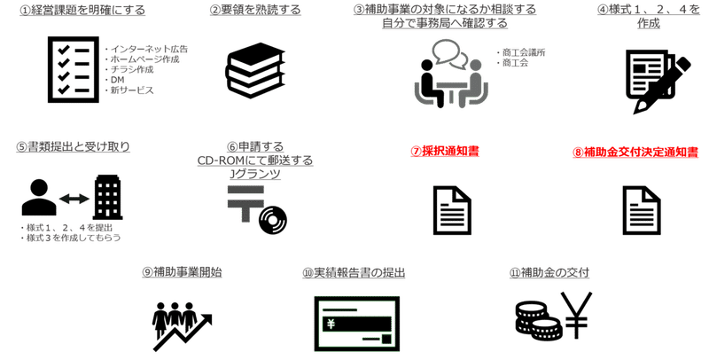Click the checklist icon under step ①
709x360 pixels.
tap(74, 70)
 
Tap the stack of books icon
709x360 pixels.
tap(255, 69)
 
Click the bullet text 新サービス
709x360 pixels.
tap(132, 90)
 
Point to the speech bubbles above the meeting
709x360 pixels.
tap(449, 54)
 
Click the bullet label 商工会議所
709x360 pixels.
tap(524, 52)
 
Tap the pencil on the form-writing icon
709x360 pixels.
tap(663, 85)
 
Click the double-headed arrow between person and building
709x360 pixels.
tap(74, 198)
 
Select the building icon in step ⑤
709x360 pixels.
tap(107, 198)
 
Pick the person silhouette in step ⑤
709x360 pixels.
tap(39, 197)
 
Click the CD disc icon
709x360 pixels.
tap(273, 220)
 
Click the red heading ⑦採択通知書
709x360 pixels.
tap(445, 152)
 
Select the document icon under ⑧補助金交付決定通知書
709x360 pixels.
tap(642, 210)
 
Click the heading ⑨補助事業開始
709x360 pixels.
tap(182, 272)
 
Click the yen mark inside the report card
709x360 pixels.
tap(331, 324)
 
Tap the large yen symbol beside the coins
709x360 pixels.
tap(576, 316)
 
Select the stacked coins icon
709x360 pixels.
tap(538, 323)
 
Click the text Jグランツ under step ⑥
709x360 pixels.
tap(255, 174)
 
